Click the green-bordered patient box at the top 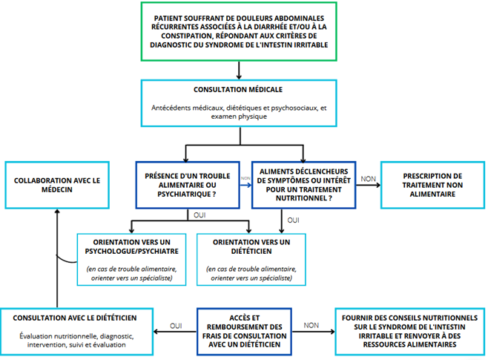[239, 31]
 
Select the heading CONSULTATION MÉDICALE [238, 90]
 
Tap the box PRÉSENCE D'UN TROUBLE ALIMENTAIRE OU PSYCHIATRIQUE [188, 185]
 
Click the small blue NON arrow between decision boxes [245, 185]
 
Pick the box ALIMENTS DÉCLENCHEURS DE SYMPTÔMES [304, 185]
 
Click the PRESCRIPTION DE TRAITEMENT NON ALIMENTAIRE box [432, 185]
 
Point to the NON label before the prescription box [368, 179]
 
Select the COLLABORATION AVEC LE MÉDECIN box [57, 185]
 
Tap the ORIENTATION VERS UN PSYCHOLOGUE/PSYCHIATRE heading [132, 246]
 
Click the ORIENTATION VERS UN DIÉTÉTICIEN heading [251, 246]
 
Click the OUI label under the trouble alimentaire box [200, 215]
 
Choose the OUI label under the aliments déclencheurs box [293, 220]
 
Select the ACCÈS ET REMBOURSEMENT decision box [244, 331]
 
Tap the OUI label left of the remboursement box [176, 326]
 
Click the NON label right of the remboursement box [311, 325]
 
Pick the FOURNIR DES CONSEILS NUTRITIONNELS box [410, 331]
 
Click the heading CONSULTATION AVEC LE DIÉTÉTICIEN [75, 318]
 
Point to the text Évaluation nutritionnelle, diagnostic [76, 336]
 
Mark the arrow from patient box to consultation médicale [239, 71]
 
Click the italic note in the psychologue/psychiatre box [132, 273]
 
